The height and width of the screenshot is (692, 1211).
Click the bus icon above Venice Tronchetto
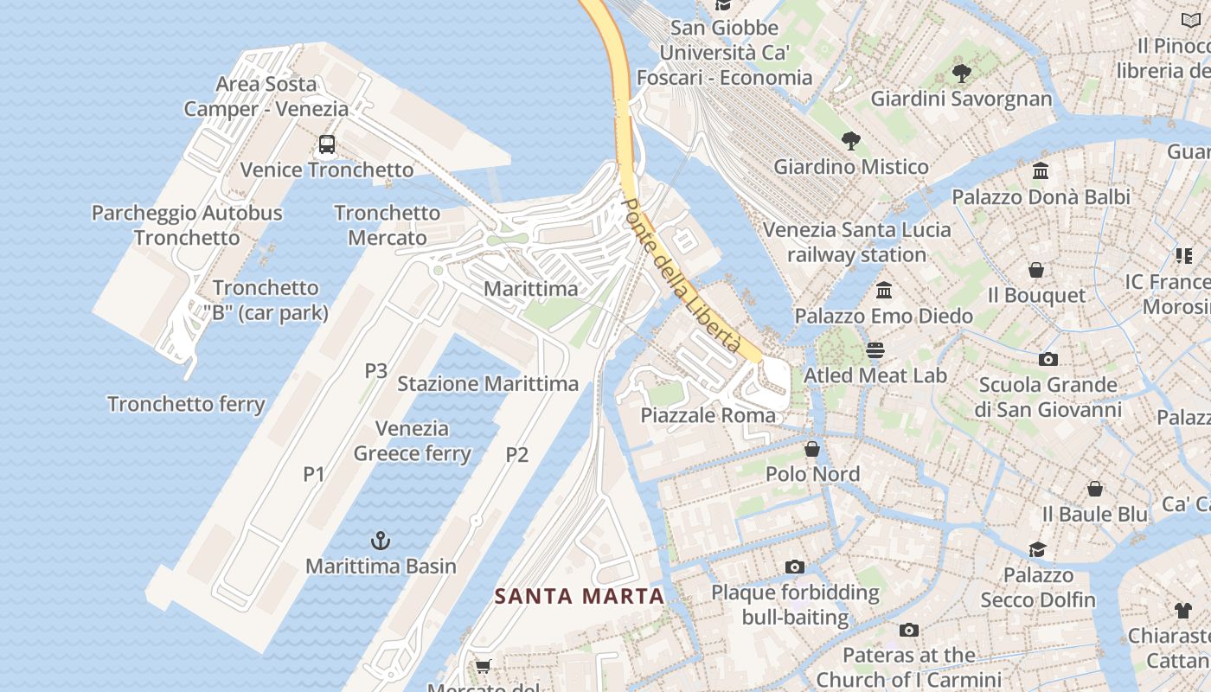click(327, 144)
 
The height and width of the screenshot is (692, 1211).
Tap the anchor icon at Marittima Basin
click(381, 541)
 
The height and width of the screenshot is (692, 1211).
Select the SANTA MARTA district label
click(579, 596)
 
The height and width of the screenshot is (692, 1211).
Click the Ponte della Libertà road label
click(682, 275)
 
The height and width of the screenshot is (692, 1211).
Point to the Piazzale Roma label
click(708, 415)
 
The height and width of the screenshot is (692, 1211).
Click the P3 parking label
click(375, 371)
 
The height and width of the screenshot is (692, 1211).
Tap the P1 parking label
click(314, 474)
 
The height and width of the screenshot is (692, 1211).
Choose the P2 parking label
click(516, 454)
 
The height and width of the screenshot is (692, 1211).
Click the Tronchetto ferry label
click(186, 404)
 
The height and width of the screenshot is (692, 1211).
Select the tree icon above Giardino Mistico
click(851, 141)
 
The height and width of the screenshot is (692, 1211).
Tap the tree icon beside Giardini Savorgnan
click(961, 74)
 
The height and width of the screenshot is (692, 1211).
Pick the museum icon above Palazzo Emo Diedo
click(883, 291)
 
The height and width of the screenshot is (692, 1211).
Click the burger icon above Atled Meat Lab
click(875, 350)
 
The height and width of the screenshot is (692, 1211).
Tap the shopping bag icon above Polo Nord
click(812, 449)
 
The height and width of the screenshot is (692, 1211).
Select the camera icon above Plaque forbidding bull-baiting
click(795, 567)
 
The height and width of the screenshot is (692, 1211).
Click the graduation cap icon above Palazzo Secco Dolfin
click(1037, 549)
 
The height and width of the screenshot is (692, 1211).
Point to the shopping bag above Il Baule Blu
click(1095, 489)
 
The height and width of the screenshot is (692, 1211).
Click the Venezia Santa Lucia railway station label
click(856, 242)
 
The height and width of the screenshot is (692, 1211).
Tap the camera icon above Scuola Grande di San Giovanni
click(1048, 359)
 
